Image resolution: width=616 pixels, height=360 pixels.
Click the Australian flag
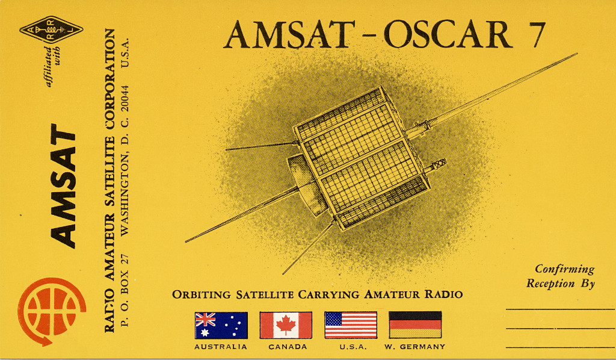coord(221,325)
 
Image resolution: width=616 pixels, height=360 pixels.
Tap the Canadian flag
coord(286,325)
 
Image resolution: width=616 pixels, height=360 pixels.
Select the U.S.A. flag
coord(351,325)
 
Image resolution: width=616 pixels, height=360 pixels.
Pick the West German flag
coord(415,325)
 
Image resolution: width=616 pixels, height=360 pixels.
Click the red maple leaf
coord(286,325)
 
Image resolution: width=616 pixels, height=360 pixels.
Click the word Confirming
coord(564,269)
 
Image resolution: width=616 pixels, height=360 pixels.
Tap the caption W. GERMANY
coord(414,347)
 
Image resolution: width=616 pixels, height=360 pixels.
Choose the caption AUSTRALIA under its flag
coord(220,347)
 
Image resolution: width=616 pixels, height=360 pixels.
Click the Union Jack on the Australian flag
coord(206,319)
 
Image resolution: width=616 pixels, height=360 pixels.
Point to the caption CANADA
coord(287,347)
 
